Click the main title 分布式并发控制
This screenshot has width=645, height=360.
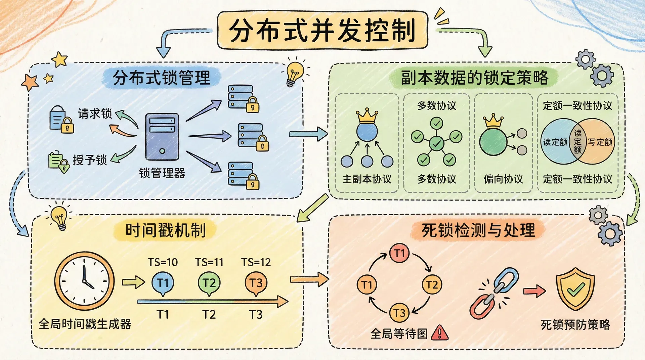(x=322, y=30)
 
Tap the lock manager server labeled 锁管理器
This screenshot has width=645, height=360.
(x=162, y=137)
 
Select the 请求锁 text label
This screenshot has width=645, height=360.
(x=95, y=114)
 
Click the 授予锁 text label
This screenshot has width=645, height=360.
(x=90, y=160)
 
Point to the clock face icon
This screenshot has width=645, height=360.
(x=84, y=281)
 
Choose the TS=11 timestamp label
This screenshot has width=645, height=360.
(x=209, y=262)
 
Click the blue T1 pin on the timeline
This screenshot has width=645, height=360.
(x=163, y=283)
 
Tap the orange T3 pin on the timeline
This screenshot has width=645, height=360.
(x=256, y=283)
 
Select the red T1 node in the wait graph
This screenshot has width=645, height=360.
(x=399, y=253)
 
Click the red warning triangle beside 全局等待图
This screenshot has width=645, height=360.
(x=439, y=333)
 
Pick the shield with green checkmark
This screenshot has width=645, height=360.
(x=575, y=289)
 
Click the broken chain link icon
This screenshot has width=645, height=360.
(x=494, y=293)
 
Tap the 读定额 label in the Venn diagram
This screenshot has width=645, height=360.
(x=555, y=142)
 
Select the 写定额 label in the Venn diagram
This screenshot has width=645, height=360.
(x=600, y=142)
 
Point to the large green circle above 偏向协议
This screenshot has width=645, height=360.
(x=493, y=141)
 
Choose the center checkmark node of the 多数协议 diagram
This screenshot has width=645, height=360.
(x=436, y=144)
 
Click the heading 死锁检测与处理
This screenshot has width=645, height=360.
(x=478, y=230)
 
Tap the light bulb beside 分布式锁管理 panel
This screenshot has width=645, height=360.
(x=294, y=73)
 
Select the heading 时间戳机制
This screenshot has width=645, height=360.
(x=165, y=230)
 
